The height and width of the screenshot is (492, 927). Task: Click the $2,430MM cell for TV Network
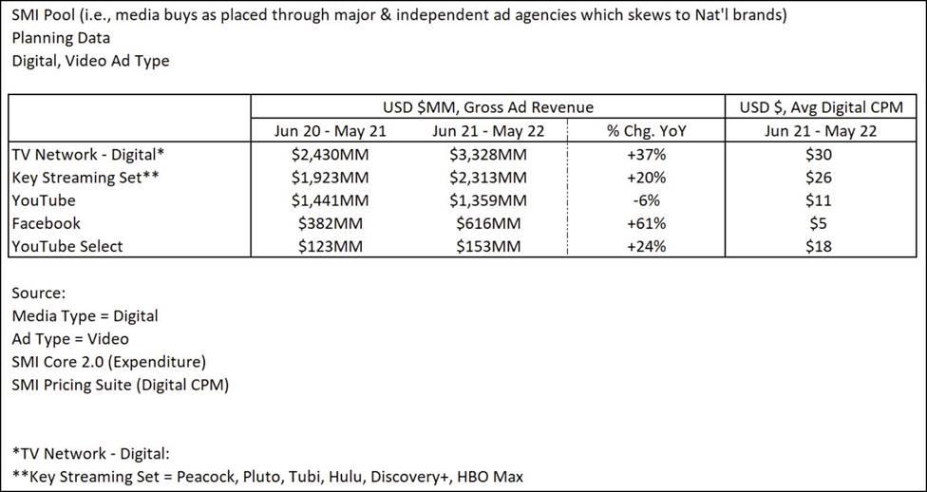(317, 154)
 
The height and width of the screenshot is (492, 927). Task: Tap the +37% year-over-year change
(646, 154)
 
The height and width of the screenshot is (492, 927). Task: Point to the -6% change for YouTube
(646, 200)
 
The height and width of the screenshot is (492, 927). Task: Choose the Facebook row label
(47, 223)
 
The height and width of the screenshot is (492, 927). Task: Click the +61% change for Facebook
(646, 223)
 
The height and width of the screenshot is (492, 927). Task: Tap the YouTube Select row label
(67, 246)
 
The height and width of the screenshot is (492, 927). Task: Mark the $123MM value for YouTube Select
(317, 246)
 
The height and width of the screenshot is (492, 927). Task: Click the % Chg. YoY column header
(646, 130)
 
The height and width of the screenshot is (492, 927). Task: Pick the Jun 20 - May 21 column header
(317, 130)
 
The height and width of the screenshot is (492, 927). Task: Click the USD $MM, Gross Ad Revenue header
(488, 106)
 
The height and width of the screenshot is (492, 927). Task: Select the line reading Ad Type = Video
(70, 338)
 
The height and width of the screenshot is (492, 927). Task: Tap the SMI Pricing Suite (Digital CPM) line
(121, 385)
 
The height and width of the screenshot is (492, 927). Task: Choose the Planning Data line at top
(61, 38)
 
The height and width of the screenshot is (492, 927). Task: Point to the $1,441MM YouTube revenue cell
(317, 200)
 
